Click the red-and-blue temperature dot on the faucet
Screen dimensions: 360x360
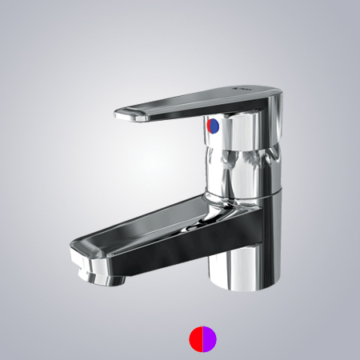212,126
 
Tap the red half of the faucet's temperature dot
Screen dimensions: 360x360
214,126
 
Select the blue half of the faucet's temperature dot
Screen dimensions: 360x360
210,126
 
